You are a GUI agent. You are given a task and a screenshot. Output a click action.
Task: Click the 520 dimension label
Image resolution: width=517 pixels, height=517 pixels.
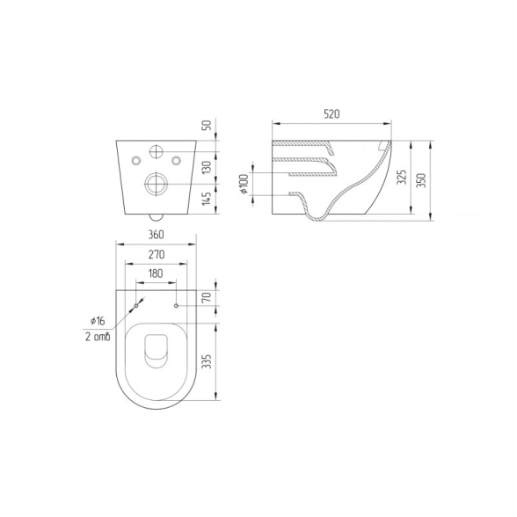pyautogui.click(x=331, y=114)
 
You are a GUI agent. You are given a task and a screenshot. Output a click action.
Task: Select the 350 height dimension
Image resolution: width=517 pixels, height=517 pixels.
pyautogui.click(x=422, y=180)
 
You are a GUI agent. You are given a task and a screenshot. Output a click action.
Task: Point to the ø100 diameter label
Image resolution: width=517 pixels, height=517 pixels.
pyautogui.click(x=244, y=183)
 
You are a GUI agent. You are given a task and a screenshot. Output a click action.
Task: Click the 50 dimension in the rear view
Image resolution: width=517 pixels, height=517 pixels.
pyautogui.click(x=208, y=125)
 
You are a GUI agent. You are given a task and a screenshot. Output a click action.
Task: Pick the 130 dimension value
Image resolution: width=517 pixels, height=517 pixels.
pyautogui.click(x=208, y=168)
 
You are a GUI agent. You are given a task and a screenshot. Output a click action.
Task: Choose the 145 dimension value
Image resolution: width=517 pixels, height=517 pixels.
pyautogui.click(x=208, y=199)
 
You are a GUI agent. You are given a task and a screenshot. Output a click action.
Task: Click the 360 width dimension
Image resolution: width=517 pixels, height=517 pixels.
pyautogui.click(x=156, y=235)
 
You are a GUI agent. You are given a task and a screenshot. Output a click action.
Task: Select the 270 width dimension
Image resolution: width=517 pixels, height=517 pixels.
pyautogui.click(x=156, y=254)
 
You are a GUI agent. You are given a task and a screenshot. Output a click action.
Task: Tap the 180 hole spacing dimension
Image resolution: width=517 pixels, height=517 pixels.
pyautogui.click(x=156, y=273)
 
